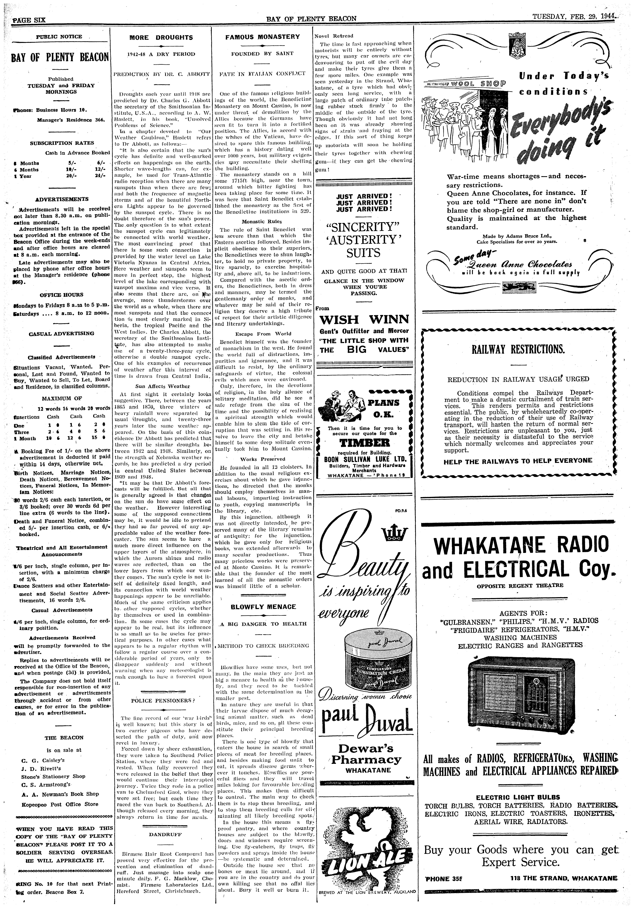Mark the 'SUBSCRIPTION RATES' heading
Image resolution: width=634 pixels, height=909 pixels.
click(62, 143)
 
